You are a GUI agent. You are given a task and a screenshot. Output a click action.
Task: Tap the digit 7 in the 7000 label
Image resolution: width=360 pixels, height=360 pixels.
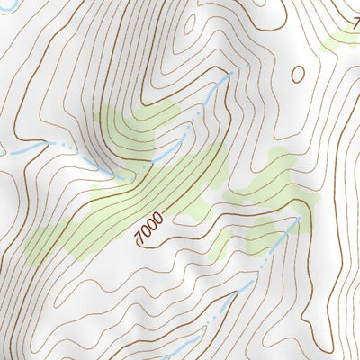138,238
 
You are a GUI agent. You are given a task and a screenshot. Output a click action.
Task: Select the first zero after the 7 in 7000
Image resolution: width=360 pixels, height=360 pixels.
144,232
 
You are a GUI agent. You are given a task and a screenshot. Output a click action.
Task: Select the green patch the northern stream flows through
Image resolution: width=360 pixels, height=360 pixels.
135,135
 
